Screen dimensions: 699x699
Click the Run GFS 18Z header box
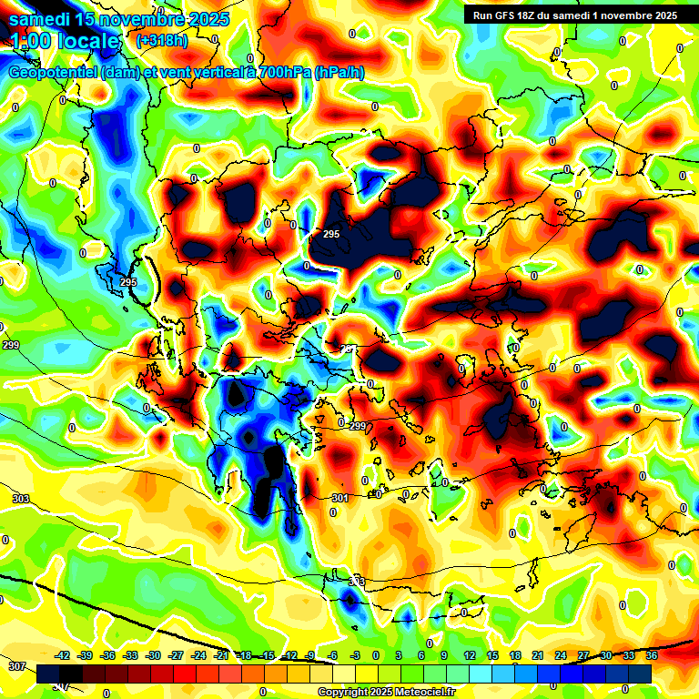coord(575,15)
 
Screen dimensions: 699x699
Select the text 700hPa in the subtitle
coord(279,73)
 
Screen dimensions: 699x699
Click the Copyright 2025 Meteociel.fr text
coord(386,692)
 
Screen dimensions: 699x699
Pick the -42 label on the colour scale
coord(62,655)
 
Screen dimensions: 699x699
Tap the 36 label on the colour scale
coord(651,655)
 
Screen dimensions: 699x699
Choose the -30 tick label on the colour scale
coord(153,655)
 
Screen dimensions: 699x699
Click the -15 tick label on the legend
coord(267,655)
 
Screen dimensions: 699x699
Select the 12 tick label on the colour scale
coord(470,655)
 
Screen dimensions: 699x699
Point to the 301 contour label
coord(339,498)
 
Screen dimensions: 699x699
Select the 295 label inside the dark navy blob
coord(331,234)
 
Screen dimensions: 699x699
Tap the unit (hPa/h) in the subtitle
coord(339,73)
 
